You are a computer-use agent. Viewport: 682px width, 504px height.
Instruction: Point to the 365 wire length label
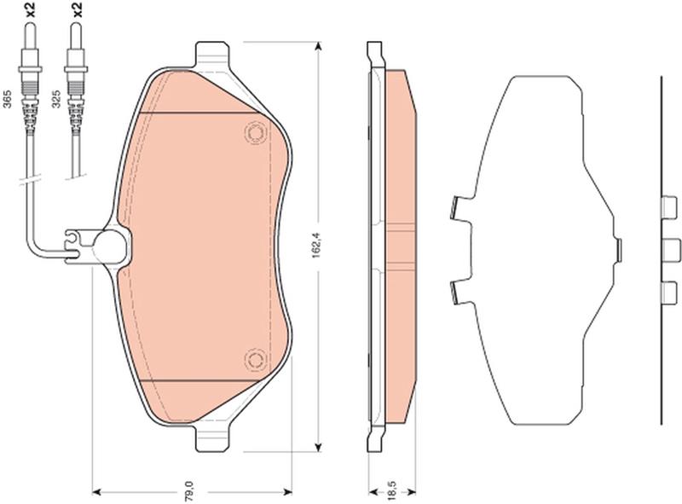[7, 100]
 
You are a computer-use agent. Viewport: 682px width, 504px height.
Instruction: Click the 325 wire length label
[55, 100]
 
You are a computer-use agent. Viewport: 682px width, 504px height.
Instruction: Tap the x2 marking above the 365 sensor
[31, 9]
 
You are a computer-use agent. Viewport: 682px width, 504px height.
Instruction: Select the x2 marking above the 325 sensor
[77, 9]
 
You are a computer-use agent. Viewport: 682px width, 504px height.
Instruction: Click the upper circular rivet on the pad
[255, 132]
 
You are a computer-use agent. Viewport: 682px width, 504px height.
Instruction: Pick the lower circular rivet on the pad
[255, 359]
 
